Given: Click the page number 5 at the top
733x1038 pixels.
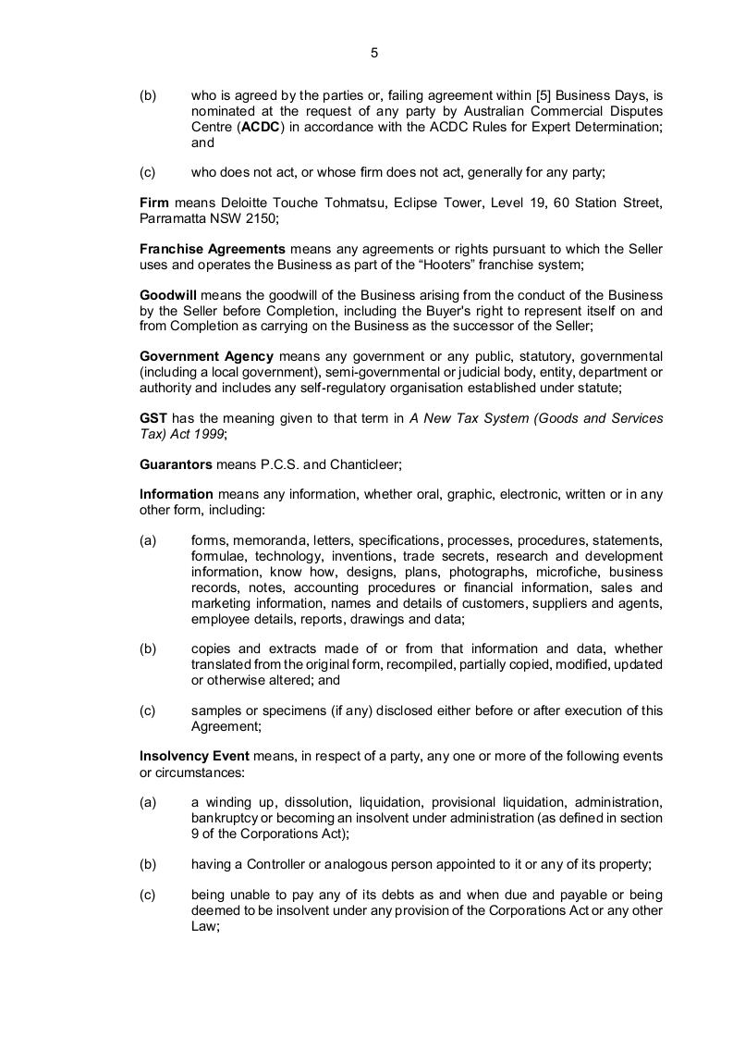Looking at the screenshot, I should click(x=374, y=53).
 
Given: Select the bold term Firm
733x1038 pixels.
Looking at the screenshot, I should click(x=154, y=203).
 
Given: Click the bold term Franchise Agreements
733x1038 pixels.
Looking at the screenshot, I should click(x=213, y=249).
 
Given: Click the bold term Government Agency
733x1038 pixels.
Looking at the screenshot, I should click(x=206, y=356).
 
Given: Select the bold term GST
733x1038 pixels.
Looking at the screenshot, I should click(x=153, y=418).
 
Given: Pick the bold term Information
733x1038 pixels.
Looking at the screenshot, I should click(x=176, y=494).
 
